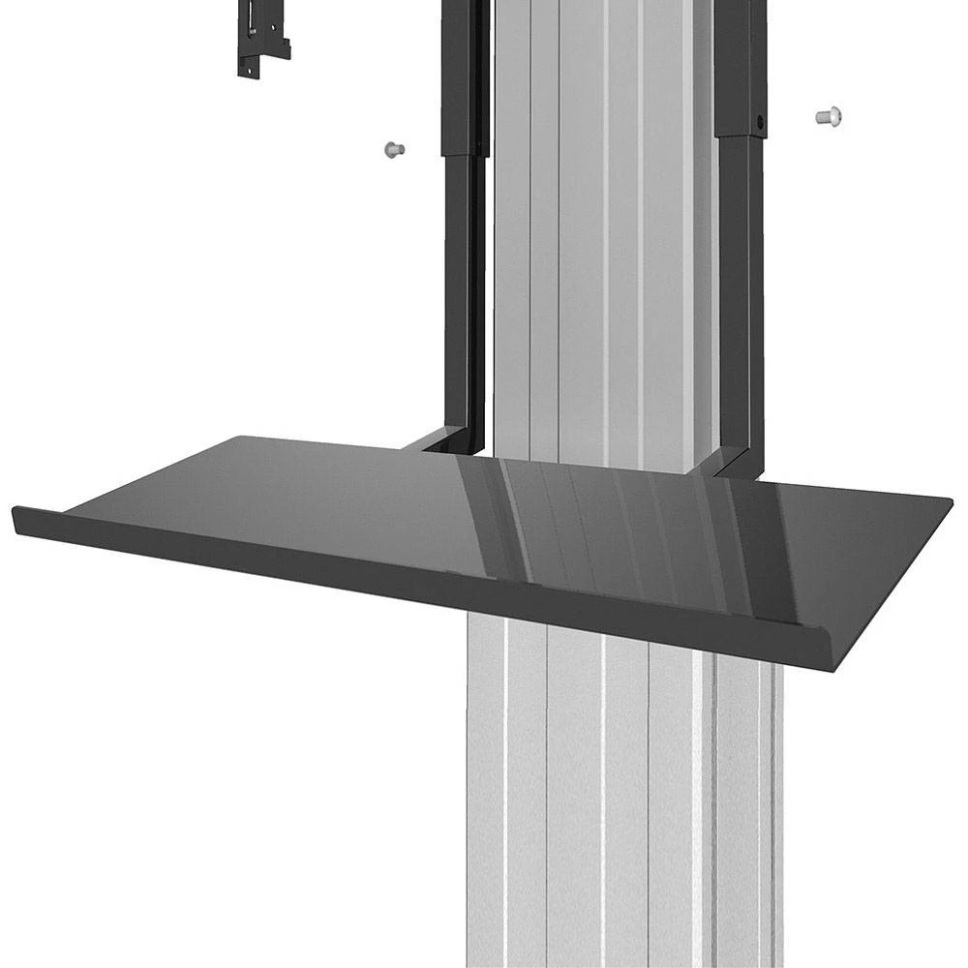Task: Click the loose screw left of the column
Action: pos(393,149)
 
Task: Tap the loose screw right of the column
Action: pos(829,116)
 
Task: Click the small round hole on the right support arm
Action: pos(760,124)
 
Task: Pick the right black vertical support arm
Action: pos(741,290)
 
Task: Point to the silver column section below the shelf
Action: pos(620,803)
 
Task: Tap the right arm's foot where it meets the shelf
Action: pos(736,469)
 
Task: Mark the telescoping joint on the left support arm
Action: pos(463,153)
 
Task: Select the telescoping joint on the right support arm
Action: pos(741,136)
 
